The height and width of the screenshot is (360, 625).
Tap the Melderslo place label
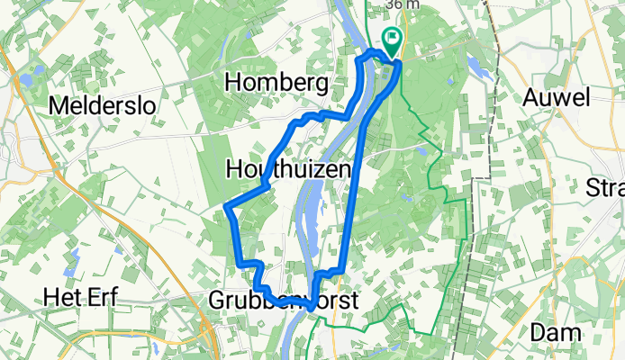pyautogui.click(x=102, y=105)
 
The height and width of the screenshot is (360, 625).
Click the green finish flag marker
pyautogui.click(x=394, y=39)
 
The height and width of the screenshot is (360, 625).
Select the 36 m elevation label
pyautogui.click(x=402, y=4)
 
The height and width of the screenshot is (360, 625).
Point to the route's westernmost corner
pyautogui.click(x=225, y=210)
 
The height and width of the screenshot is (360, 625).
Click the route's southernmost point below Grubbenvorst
pyautogui.click(x=312, y=308)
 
